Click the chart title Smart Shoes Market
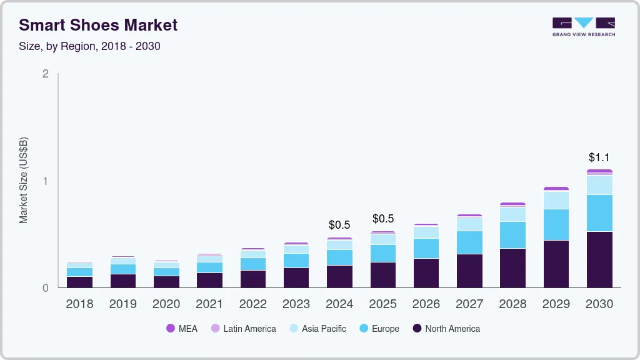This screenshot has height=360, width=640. tap(98, 25)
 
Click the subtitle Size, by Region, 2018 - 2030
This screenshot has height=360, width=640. tap(89, 46)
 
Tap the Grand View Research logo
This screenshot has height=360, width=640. tap(583, 26)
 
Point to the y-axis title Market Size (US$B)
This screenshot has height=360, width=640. tap(24, 180)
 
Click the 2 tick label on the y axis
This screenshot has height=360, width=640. tap(45, 74)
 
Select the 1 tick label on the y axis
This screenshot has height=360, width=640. tap(45, 181)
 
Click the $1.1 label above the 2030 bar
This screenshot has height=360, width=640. tap(599, 157)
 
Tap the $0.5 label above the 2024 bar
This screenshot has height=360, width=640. tap(339, 225)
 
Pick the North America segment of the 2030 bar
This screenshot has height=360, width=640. tap(599, 259)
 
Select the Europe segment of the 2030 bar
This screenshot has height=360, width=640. tap(599, 213)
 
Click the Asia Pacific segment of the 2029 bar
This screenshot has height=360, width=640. tap(556, 200)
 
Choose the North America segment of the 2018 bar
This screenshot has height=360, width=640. tap(79, 282)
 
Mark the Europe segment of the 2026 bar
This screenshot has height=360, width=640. tap(426, 248)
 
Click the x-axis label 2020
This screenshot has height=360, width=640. tap(166, 304)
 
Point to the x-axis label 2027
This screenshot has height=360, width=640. tap(469, 304)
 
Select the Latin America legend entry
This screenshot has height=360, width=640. tap(243, 329)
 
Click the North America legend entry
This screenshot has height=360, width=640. tap(446, 329)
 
